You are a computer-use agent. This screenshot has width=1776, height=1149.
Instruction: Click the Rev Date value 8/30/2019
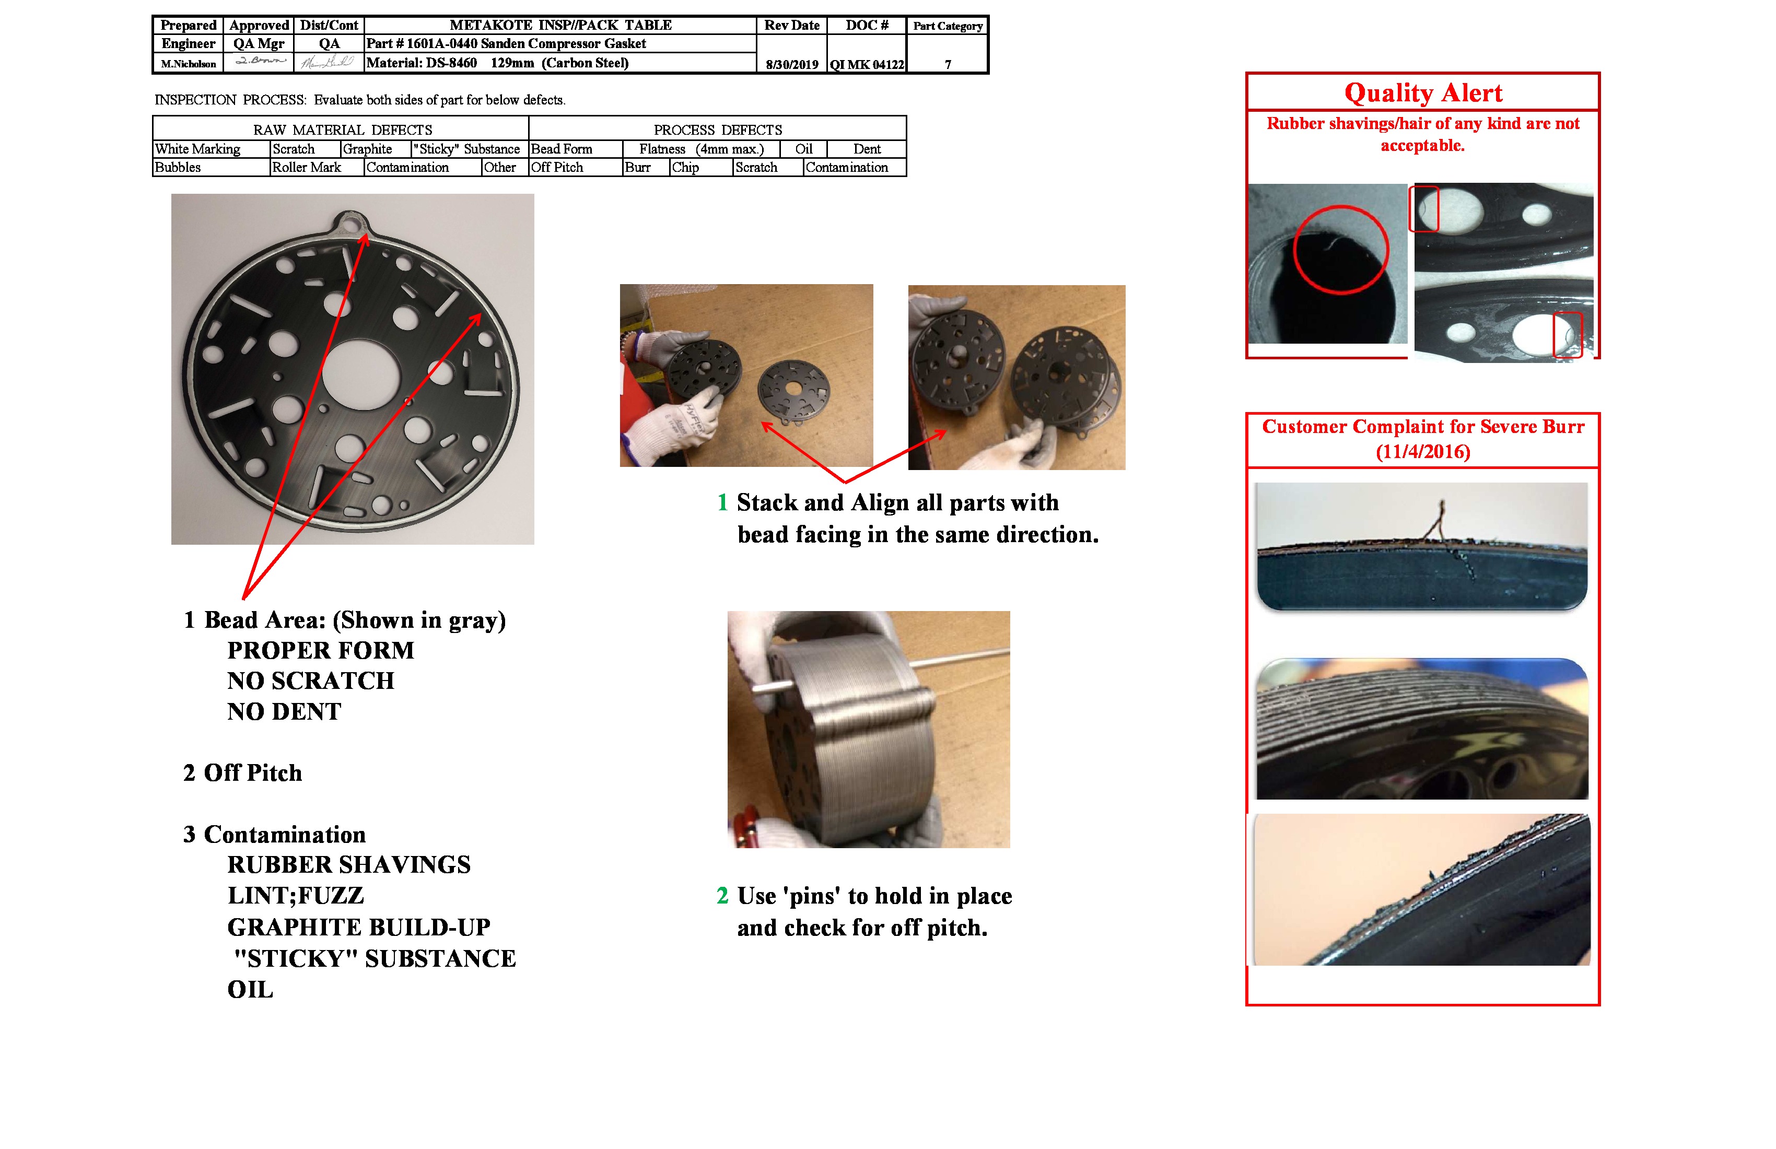(x=792, y=64)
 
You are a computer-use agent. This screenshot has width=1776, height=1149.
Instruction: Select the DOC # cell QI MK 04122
(x=867, y=64)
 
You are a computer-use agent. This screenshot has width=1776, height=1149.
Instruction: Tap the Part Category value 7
(x=948, y=64)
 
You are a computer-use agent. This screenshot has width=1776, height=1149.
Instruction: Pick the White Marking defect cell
(x=198, y=149)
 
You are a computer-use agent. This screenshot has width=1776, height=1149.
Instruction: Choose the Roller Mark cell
(x=307, y=167)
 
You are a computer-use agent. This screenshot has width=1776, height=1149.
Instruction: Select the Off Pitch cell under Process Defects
(x=557, y=167)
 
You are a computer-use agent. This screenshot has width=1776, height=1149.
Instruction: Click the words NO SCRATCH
(x=310, y=681)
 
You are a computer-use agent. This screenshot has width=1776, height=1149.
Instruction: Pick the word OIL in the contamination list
(x=250, y=989)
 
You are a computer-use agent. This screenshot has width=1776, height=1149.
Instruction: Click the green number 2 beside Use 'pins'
(x=721, y=895)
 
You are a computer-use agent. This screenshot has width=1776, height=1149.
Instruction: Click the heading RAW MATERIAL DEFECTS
(x=343, y=130)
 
